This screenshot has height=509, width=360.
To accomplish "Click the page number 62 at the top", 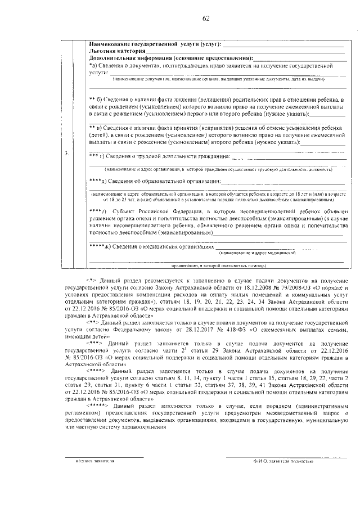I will (x=206, y=19).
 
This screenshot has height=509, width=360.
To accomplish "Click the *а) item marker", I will (x=93, y=66).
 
